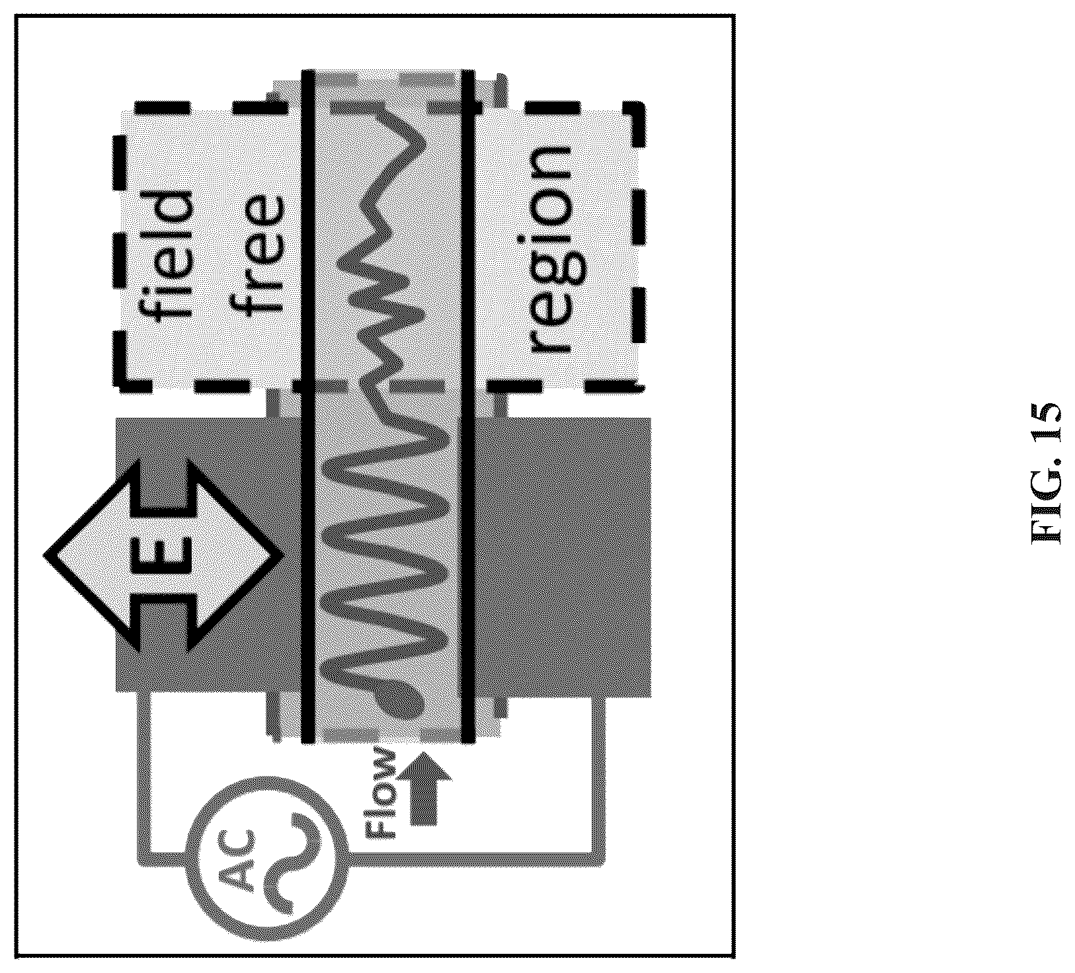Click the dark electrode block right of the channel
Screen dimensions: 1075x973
pos(563,555)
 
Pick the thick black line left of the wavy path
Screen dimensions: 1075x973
pos(307,406)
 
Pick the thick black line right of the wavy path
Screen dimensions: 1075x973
pos(468,406)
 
